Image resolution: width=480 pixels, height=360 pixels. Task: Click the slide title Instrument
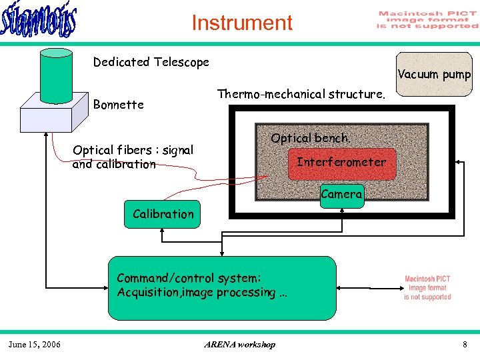(242, 23)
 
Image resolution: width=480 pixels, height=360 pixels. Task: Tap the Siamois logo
(39, 23)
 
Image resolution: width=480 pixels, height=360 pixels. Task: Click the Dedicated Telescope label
(151, 62)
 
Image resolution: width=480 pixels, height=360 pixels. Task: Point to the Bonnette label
(118, 105)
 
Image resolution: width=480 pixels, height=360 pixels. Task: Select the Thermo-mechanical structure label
(301, 94)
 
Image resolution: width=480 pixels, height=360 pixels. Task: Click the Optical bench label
(310, 138)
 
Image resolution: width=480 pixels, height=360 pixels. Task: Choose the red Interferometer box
(341, 162)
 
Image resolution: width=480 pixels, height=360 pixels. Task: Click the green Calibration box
(163, 214)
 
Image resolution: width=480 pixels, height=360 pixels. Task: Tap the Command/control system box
(223, 287)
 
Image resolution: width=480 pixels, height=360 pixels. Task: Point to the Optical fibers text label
(133, 157)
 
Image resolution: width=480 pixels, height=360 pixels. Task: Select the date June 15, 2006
(34, 344)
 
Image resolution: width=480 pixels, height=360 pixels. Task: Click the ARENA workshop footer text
(239, 344)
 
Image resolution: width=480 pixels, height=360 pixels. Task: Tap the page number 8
(465, 344)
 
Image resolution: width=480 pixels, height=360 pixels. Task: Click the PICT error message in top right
(427, 20)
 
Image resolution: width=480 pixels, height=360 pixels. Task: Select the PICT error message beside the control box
(427, 288)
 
